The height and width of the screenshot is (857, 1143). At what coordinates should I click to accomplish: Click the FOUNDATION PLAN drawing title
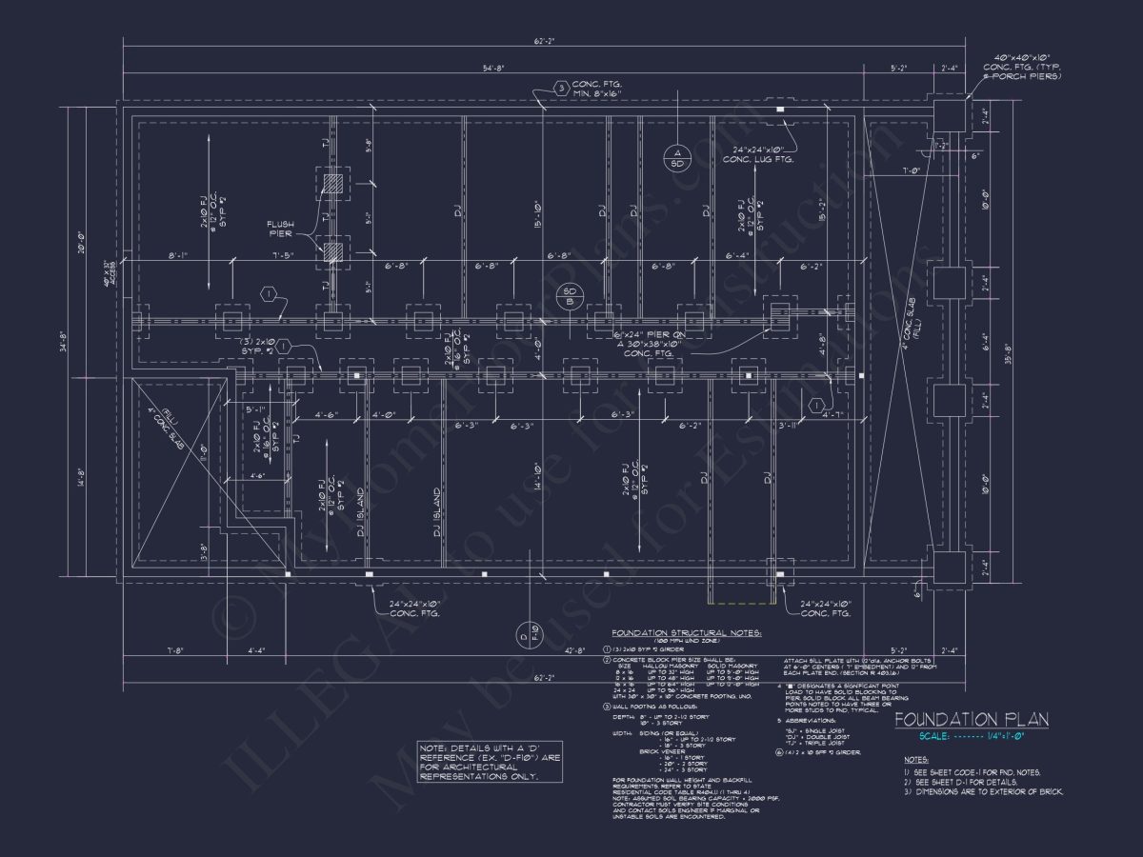click(971, 719)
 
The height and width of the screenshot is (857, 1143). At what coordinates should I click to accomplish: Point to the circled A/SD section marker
click(678, 158)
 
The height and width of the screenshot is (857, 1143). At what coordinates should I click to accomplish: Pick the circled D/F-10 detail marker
click(528, 632)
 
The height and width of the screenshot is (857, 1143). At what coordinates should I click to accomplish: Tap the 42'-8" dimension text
click(573, 652)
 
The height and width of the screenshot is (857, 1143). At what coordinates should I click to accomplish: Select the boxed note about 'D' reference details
click(480, 762)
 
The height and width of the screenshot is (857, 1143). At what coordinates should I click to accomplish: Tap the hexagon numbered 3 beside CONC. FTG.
click(562, 90)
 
